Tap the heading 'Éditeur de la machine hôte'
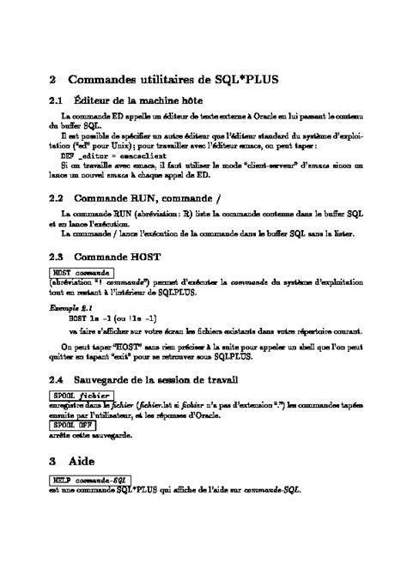(141, 102)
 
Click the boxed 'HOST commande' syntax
(81, 272)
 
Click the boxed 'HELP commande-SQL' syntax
(90, 479)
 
